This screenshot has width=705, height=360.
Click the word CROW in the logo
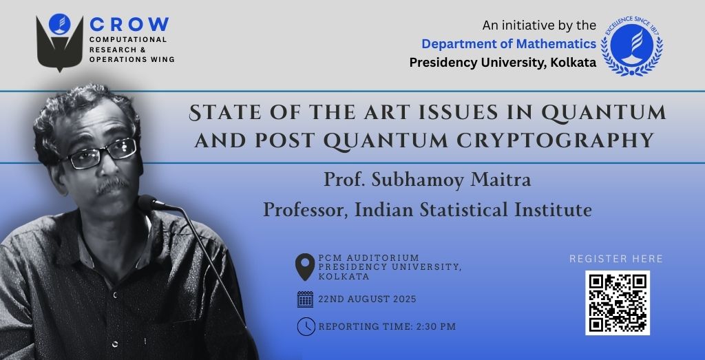pos(129,24)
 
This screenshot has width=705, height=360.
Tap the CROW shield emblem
pos(60,43)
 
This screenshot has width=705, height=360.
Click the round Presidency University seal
pos(632,46)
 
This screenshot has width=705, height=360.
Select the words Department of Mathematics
pos(509,44)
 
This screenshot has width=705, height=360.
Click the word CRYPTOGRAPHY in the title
pos(556,140)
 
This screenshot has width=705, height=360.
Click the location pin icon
pos(305,267)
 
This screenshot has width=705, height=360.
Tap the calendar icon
pos(305,299)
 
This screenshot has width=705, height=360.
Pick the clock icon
pos(306,327)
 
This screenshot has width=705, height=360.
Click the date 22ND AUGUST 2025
pos(368,299)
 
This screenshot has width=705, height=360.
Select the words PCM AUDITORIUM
pos(369,258)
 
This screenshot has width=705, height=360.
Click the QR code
pos(618,303)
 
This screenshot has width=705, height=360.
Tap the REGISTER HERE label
pos(616,259)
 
